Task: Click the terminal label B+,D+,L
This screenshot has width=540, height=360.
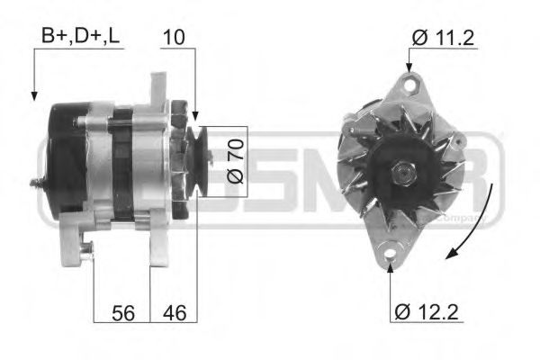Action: click(x=80, y=36)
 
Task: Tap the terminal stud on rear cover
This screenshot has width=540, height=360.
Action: click(x=36, y=184)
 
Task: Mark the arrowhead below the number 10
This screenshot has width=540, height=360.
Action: click(x=193, y=116)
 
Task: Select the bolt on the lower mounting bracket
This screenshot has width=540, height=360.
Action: click(x=85, y=254)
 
